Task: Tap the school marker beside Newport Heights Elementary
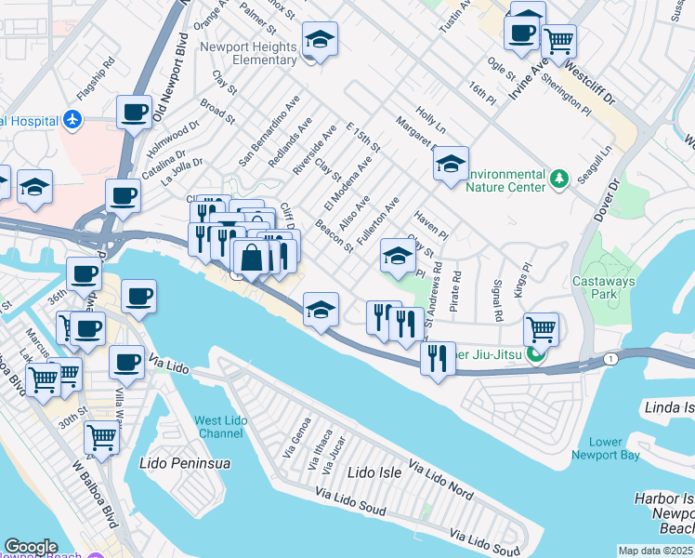319,40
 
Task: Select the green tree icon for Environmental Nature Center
558,178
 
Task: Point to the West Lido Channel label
220,428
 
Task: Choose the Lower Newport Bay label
616,448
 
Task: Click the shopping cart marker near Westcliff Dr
558,41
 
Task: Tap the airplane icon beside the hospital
73,120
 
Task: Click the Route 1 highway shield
610,358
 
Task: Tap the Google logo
31,547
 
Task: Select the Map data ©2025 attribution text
656,551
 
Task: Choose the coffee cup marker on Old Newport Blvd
134,113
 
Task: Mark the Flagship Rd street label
95,81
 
